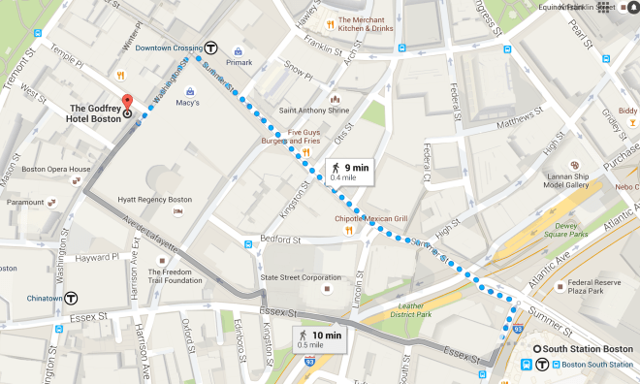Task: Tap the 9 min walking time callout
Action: [349, 172]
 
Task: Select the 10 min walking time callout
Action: [318, 340]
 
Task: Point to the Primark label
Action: [238, 63]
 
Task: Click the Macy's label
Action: [187, 103]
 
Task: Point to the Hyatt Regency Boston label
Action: [155, 200]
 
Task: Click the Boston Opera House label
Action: [55, 169]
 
